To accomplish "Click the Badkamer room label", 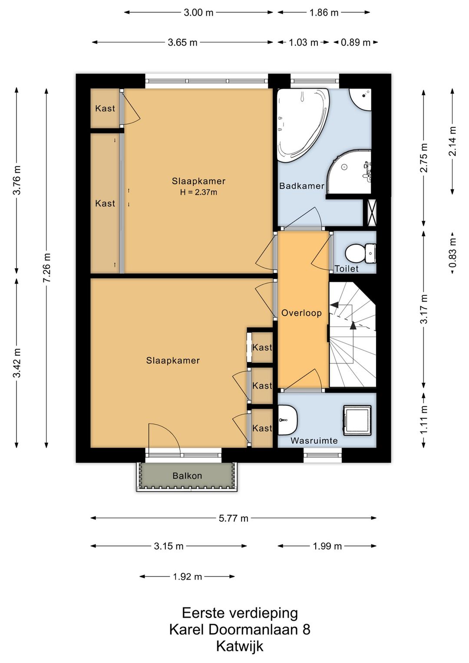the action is pyautogui.click(x=302, y=186).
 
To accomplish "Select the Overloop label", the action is pyautogui.click(x=301, y=313).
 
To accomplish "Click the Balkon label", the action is pyautogui.click(x=187, y=476).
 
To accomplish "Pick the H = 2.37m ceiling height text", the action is pyautogui.click(x=198, y=192).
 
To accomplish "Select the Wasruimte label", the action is pyautogui.click(x=314, y=441).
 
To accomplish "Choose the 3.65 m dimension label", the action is pyautogui.click(x=182, y=43).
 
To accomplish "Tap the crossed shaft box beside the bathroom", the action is pyautogui.click(x=371, y=213).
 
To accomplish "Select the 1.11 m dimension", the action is pyautogui.click(x=424, y=420).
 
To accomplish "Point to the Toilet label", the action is pyautogui.click(x=347, y=269).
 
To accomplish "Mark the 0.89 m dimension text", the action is pyautogui.click(x=356, y=43).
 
